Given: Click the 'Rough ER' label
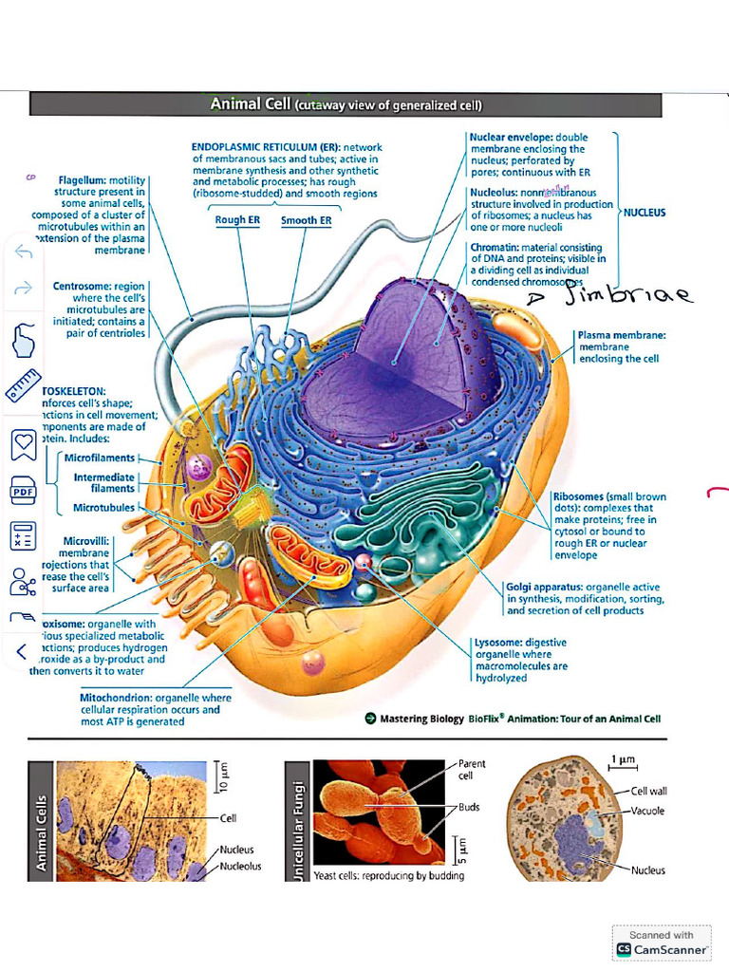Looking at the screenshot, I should tap(237, 221).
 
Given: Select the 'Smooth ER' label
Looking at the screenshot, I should tap(306, 221).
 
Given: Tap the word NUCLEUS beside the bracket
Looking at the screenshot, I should tap(645, 213).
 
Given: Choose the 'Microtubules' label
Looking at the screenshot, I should tap(104, 508).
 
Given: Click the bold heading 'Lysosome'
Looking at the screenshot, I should tap(498, 643).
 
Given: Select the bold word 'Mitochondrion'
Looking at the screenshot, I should tap(115, 698).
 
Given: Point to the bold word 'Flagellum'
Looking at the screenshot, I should tap(82, 179).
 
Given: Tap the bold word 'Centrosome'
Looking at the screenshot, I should tap(82, 286).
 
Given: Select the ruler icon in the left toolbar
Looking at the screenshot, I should tap(22, 384).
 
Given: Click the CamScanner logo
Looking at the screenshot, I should tap(662, 948).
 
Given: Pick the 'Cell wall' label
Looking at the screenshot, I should tap(649, 791).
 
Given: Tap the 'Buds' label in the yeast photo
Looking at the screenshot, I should tap(469, 808).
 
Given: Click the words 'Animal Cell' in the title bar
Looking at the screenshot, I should tap(250, 103).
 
